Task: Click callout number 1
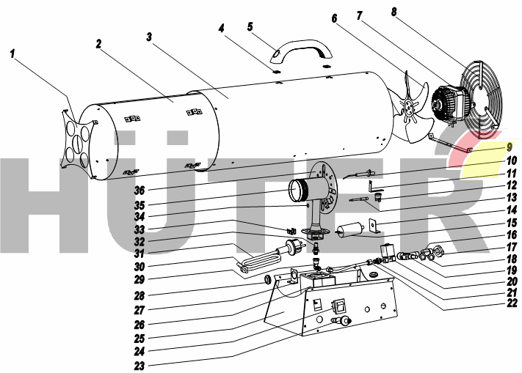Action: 13,53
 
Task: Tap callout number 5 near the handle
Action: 250,27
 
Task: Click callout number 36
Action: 139,191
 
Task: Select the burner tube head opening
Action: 298,191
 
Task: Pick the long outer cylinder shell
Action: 294,114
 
